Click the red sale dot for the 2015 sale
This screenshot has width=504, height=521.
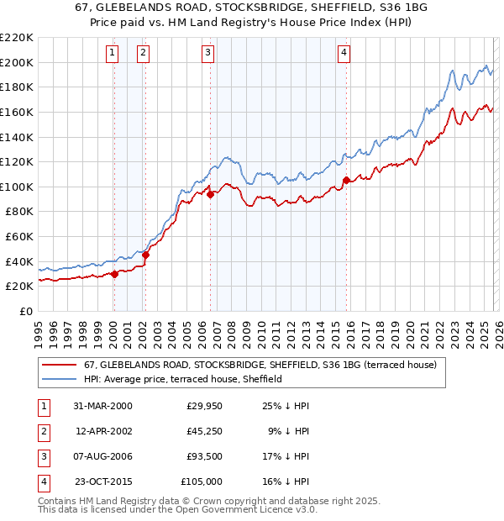coord(346,179)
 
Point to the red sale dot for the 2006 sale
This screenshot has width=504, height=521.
coord(210,194)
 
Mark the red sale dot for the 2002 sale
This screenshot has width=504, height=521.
coord(145,255)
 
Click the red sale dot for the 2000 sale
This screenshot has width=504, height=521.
coord(115,273)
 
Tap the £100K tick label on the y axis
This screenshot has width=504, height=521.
coord(17,187)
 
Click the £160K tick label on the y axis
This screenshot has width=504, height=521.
coord(17,112)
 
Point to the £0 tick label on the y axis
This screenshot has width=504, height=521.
coord(25,311)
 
